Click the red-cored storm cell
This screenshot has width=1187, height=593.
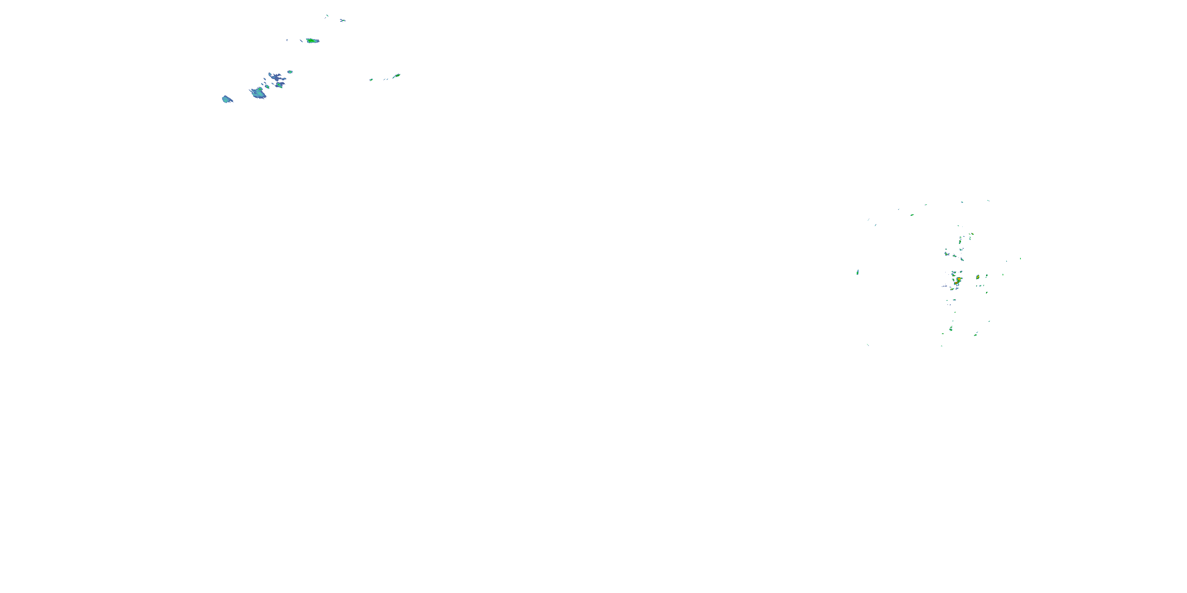(x=958, y=280)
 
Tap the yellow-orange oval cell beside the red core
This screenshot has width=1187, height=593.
(x=977, y=277)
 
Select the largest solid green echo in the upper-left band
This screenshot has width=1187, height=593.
(x=313, y=40)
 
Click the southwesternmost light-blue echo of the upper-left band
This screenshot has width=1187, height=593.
(x=227, y=99)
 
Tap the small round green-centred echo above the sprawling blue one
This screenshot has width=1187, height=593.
(x=290, y=72)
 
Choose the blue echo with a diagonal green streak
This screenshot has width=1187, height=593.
(x=279, y=85)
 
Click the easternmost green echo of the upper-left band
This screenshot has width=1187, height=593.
(x=397, y=76)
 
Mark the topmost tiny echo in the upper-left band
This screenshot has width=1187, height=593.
(x=327, y=16)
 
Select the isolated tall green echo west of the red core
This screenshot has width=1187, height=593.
(x=857, y=272)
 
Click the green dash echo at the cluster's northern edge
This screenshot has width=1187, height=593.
(x=912, y=215)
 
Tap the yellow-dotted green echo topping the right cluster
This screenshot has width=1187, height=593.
(x=972, y=234)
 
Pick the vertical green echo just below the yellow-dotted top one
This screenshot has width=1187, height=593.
(x=960, y=240)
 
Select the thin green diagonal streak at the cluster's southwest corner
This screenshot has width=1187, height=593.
(x=868, y=344)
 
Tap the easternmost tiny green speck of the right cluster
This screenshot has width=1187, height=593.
(x=1020, y=259)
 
